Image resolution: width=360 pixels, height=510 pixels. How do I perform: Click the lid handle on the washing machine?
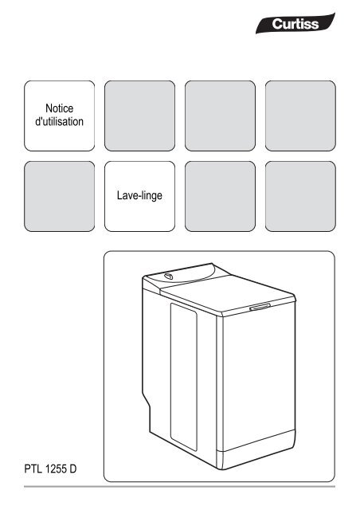(260, 307)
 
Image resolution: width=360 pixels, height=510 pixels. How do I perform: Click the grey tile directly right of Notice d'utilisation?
(139, 116)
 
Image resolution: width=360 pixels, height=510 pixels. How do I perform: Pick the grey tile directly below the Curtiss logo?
(299, 116)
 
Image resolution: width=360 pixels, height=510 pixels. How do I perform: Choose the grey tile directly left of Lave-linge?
(60, 195)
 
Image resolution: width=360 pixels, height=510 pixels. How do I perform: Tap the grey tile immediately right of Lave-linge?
(219, 195)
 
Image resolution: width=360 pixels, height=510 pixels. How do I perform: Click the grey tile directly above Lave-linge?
(139, 116)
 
